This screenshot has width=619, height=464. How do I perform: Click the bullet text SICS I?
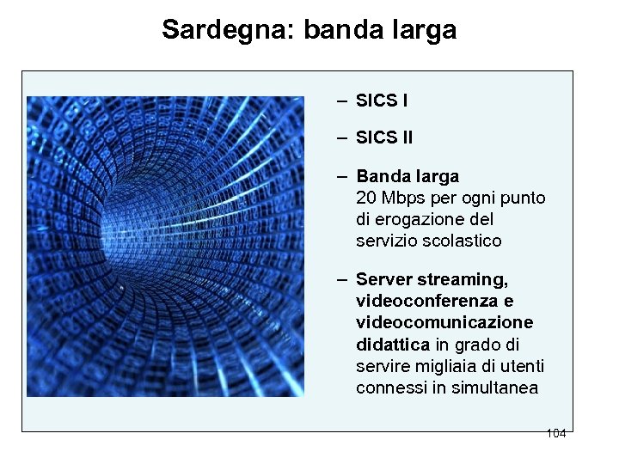tap(381, 101)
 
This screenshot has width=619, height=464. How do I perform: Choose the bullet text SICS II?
tap(383, 137)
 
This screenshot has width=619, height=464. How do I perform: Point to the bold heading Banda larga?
tap(408, 176)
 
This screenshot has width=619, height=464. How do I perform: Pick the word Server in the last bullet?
tap(383, 279)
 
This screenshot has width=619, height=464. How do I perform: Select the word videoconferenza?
tap(427, 301)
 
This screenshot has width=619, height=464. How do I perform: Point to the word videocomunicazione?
tap(444, 322)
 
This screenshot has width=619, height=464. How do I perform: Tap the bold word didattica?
tap(393, 344)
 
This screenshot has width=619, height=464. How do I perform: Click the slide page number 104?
tap(555, 433)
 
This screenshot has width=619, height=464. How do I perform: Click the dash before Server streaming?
tap(342, 279)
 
